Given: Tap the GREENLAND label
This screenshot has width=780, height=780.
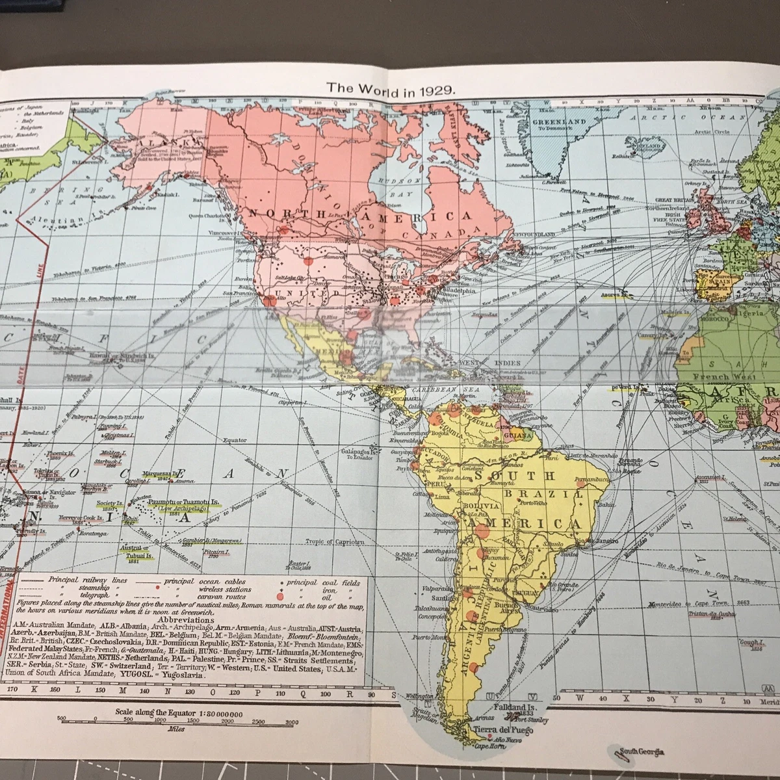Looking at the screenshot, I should coord(559,122).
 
